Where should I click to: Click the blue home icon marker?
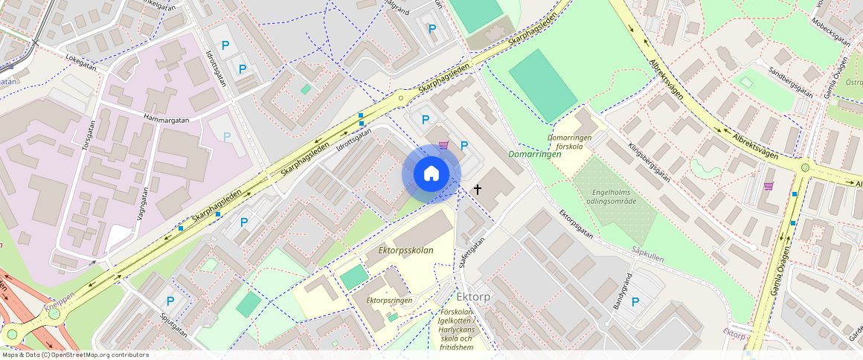[x=431, y=174]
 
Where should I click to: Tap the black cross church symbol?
[x=478, y=190]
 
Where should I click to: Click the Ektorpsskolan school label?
[x=405, y=251]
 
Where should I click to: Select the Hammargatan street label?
[x=168, y=119]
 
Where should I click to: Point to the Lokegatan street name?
[x=81, y=60]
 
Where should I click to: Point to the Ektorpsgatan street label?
[x=576, y=224]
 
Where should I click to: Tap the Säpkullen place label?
[x=647, y=254]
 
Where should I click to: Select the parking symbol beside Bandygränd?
[x=635, y=301]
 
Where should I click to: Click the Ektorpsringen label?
[x=389, y=300]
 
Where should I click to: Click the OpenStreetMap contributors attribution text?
[x=74, y=355]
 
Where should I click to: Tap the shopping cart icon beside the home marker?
[x=444, y=145]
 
